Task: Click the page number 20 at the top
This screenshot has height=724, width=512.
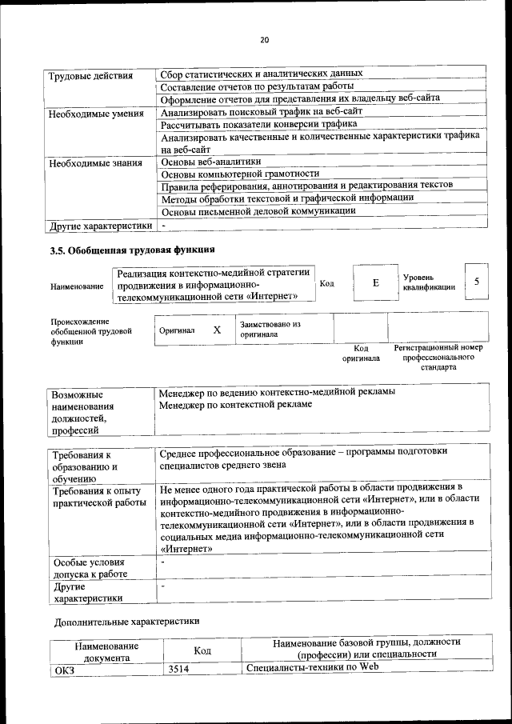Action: [x=264, y=41]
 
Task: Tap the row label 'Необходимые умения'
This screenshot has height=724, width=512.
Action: [x=95, y=114]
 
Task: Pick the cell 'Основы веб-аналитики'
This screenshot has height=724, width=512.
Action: [x=211, y=162]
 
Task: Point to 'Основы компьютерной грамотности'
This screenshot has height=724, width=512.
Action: [x=240, y=174]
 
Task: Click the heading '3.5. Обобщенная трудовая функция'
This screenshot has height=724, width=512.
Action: [x=132, y=251]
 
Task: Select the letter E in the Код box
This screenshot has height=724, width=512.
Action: [x=375, y=283]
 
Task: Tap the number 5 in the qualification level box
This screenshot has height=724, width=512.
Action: [x=477, y=282]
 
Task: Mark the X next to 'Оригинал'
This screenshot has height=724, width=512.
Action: [x=216, y=330]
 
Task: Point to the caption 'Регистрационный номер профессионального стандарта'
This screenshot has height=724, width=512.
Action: [x=438, y=358]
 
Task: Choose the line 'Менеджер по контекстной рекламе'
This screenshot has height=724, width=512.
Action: [x=235, y=405]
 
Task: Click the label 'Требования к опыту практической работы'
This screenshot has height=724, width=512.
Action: [x=98, y=496]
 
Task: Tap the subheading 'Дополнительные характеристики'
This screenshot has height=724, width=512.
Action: [x=126, y=621]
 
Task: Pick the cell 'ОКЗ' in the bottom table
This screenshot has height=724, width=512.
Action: [x=62, y=670]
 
